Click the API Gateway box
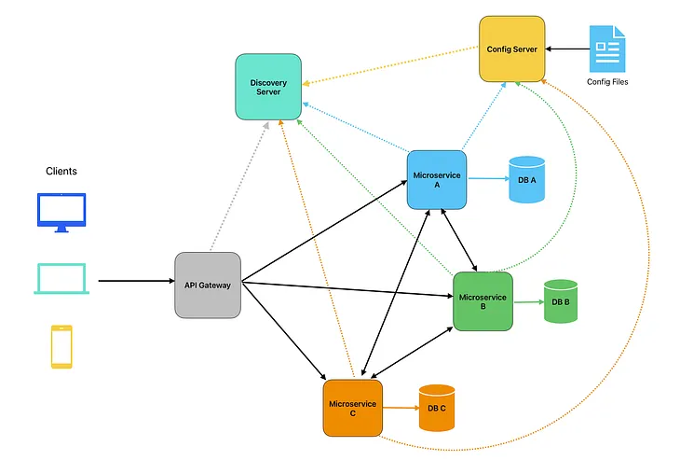point(208,285)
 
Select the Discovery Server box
point(268,87)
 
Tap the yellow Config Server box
point(511,49)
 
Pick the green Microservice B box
point(483,301)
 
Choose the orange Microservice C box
point(353,408)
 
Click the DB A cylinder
point(526,180)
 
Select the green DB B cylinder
point(561,301)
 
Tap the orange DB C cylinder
point(437,408)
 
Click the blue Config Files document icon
point(607,49)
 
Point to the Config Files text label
point(607,82)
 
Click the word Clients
point(61,171)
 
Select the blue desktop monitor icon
point(61,213)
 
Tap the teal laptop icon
point(61,279)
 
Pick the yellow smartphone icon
point(61,346)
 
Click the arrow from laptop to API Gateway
point(135,280)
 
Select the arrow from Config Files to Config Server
point(566,49)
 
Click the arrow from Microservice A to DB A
point(486,179)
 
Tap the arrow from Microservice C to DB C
point(398,408)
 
